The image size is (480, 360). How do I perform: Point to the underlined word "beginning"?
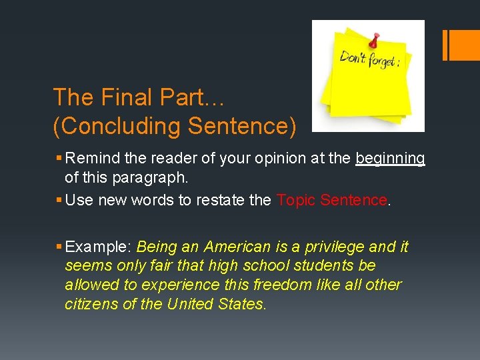pos(390,158)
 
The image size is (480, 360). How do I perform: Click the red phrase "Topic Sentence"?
pos(331,200)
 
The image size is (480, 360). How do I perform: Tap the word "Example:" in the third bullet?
pos(99,247)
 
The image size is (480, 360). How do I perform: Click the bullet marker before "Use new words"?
pos(59,200)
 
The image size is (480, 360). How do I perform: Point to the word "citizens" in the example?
pos(89,304)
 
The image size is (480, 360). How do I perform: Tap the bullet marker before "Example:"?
pos(59,247)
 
